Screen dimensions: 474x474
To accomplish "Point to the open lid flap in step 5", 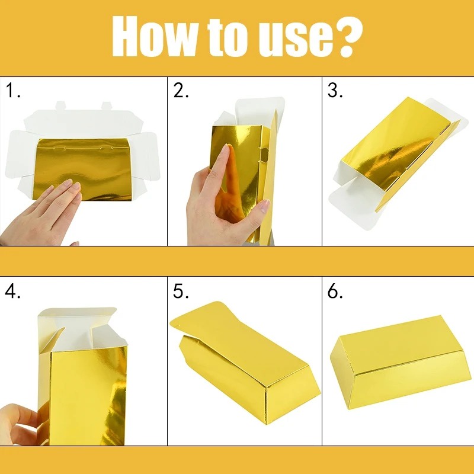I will click(x=201, y=323).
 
